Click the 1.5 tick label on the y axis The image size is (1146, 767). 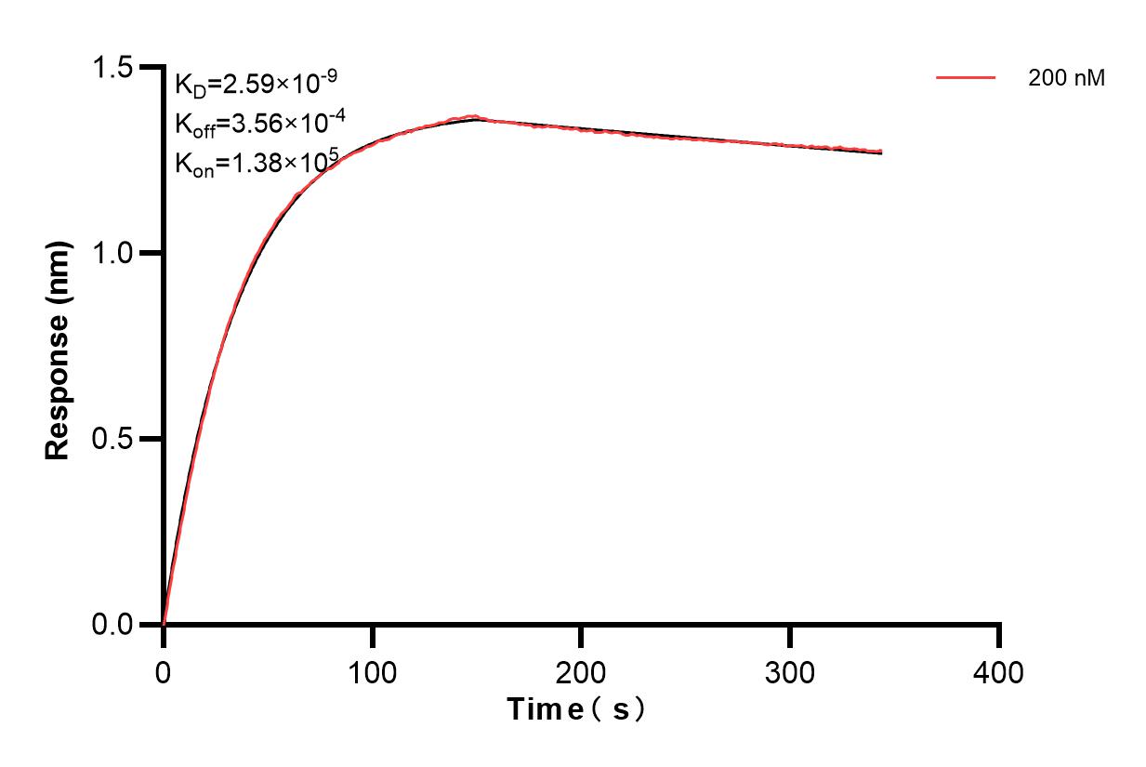pyautogui.click(x=112, y=68)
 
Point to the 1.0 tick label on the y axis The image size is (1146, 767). pyautogui.click(x=112, y=253)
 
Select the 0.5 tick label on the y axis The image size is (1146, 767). pyautogui.click(x=112, y=439)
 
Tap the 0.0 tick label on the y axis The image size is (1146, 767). pyautogui.click(x=112, y=624)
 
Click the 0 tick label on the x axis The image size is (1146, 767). pyautogui.click(x=164, y=671)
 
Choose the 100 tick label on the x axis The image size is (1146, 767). pyautogui.click(x=372, y=671)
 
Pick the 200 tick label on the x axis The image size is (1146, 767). pyautogui.click(x=581, y=671)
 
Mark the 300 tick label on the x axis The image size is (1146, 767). pyautogui.click(x=790, y=671)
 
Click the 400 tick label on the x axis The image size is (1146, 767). pyautogui.click(x=999, y=671)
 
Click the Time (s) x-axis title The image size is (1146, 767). pyautogui.click(x=576, y=710)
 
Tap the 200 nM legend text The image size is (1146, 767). pyautogui.click(x=1066, y=79)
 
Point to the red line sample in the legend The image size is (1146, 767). pyautogui.click(x=966, y=79)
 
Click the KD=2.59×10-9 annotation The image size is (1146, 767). pyautogui.click(x=250, y=86)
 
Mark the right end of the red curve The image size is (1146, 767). pyautogui.click(x=880, y=152)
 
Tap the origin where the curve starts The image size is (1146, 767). pyautogui.click(x=164, y=624)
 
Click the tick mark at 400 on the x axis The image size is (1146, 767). pyautogui.click(x=999, y=636)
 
